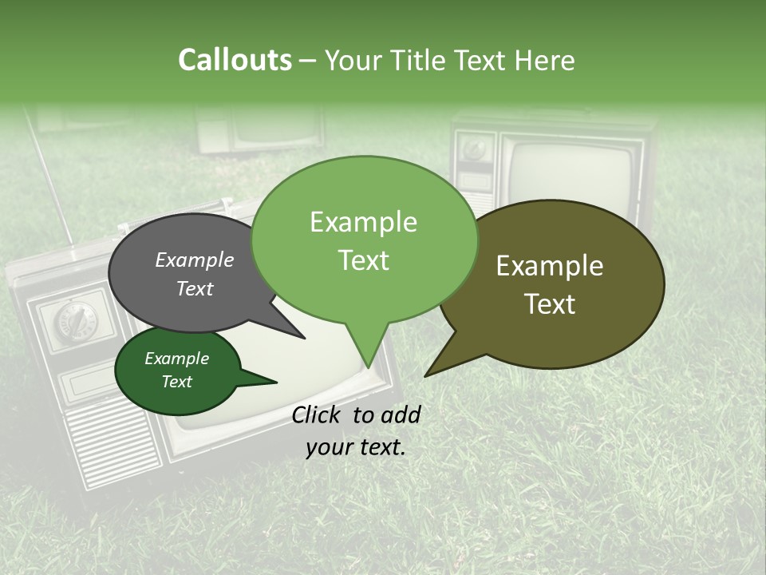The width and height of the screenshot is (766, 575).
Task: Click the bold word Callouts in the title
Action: coord(235,60)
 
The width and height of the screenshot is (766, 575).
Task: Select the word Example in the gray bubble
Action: coord(195,260)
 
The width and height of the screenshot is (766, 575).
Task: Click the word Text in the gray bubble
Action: coord(195,288)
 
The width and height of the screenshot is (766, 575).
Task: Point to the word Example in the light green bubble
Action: coord(363,222)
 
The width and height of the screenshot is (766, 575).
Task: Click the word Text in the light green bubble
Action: coord(363,260)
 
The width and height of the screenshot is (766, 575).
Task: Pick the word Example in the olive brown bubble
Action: coord(550,266)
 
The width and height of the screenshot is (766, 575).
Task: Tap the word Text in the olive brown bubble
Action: coord(550,304)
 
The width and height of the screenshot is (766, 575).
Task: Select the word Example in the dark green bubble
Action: coord(177,359)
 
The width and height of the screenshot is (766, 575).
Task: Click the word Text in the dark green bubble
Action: coord(177,382)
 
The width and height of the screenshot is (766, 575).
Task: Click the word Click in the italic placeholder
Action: coord(318,414)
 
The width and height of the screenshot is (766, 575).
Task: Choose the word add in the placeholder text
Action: coord(401,414)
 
